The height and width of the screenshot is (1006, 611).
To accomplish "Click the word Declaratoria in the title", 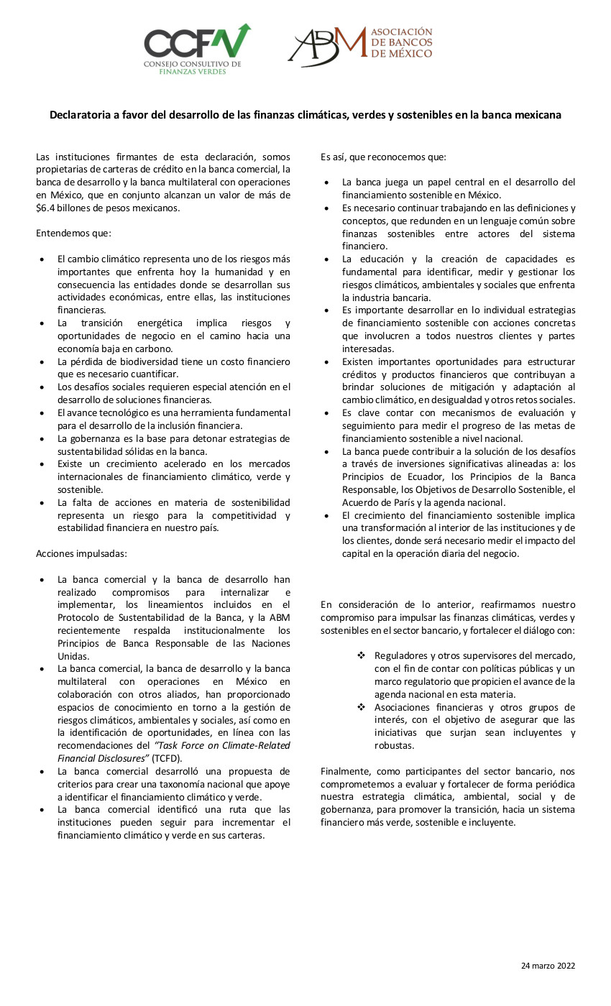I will click(81, 115).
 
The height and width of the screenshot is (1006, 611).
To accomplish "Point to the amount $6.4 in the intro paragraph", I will click(47, 208).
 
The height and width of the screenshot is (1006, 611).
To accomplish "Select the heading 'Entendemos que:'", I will click(73, 234).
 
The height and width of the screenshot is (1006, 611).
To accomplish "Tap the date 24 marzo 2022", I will click(548, 966).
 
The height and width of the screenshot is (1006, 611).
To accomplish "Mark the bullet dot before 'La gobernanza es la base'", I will click(42, 438).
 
